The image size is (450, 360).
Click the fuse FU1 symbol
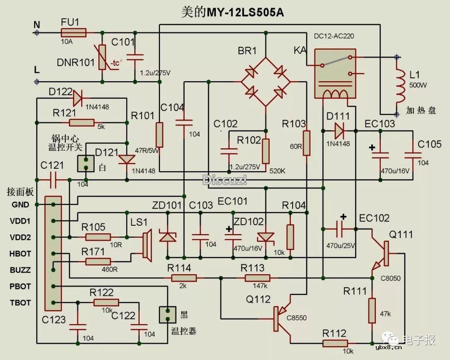pyautogui.click(x=73, y=32)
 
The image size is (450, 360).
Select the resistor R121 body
pyautogui.click(x=82, y=122)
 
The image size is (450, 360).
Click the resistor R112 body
pyautogui.click(x=335, y=343)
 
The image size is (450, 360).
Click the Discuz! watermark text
pyautogui.click(x=225, y=180)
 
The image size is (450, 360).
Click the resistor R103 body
pyautogui.click(x=306, y=143)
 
